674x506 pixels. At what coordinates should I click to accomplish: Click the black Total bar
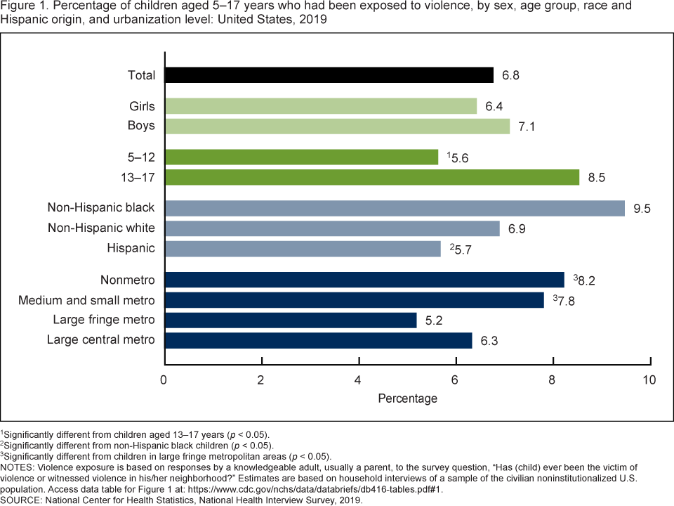point(329,75)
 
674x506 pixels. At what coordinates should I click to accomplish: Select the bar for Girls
point(320,106)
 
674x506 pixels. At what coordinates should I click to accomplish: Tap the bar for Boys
point(337,126)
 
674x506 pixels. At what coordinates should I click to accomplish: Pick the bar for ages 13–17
point(371,177)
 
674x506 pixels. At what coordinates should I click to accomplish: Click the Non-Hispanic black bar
point(394,208)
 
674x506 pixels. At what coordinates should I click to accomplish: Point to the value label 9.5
point(642,208)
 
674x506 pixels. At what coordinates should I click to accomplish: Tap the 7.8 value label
point(564,301)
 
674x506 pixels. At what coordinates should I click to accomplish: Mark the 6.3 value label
point(489,341)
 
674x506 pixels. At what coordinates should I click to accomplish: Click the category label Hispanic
point(131,248)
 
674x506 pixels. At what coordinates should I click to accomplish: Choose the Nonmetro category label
point(127,280)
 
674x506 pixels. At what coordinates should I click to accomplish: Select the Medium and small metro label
point(86,301)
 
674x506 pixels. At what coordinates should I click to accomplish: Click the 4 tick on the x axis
point(359,379)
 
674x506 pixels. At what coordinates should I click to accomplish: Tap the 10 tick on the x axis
point(649,379)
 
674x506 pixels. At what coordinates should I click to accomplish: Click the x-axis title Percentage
point(407,398)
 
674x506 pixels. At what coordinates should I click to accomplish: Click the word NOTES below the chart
point(19,466)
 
